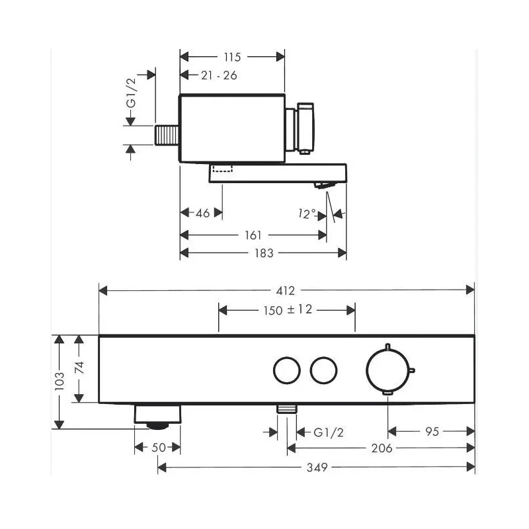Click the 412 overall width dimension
coord(286,290)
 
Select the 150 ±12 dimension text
coord(288,309)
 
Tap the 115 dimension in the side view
coord(233,57)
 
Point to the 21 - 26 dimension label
coord(219,75)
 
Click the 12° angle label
coord(307,213)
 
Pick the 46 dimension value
coord(203,213)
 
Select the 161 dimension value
coord(253,235)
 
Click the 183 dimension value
coord(264,253)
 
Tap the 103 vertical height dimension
coord(60,382)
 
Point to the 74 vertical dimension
coord(79,368)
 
